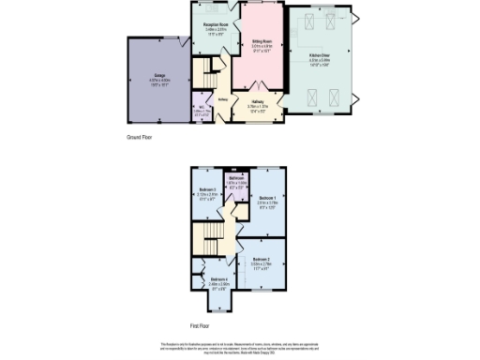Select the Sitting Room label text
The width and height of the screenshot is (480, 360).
click(262, 42)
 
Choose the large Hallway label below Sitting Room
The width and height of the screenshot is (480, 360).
click(257, 101)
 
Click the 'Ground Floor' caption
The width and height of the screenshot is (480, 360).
click(140, 137)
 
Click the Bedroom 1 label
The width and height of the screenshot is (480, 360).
click(268, 197)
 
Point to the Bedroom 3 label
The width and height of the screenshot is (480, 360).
click(207, 189)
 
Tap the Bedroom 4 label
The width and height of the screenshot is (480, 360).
click(219, 279)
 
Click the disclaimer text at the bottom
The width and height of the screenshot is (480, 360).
click(240, 348)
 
